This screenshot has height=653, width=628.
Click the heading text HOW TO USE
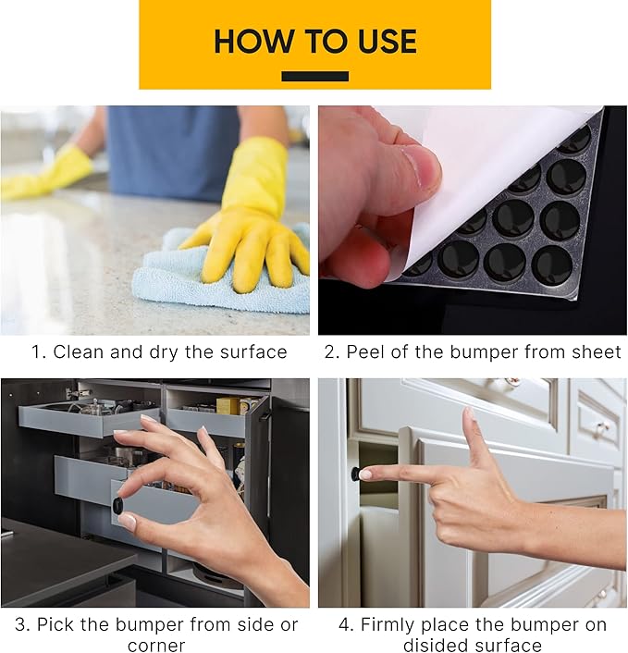pyautogui.click(x=314, y=42)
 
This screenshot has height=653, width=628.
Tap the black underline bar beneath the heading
pyautogui.click(x=314, y=76)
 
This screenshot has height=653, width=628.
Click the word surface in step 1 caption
pyautogui.click(x=253, y=351)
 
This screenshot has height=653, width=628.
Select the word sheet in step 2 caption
pyautogui.click(x=597, y=351)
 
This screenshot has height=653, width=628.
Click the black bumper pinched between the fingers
pyautogui.click(x=117, y=505)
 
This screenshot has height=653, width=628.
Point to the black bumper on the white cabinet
pyautogui.click(x=355, y=474)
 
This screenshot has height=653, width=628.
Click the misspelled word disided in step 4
pyautogui.click(x=431, y=646)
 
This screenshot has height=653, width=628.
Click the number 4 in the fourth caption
pyautogui.click(x=344, y=624)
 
